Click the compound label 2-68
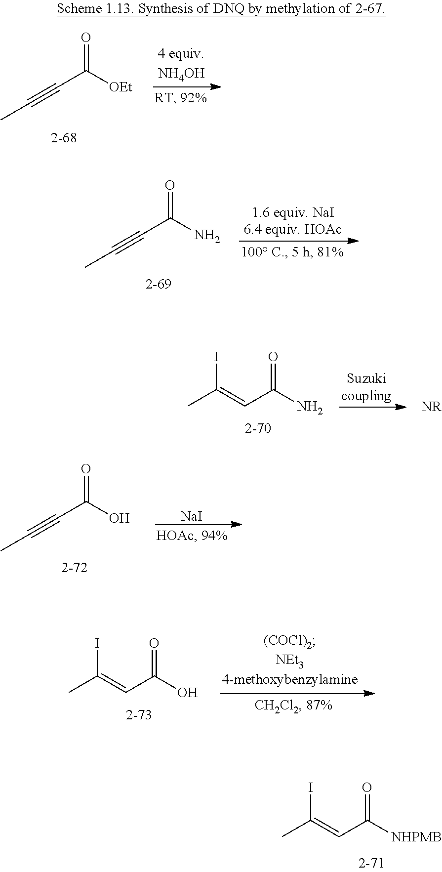[x=64, y=138]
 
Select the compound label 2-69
[x=158, y=284]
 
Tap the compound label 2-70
[x=258, y=428]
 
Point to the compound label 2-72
[x=74, y=568]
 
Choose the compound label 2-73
[x=139, y=715]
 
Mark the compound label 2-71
[x=371, y=863]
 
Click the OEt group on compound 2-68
[x=120, y=87]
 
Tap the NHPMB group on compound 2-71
[x=416, y=836]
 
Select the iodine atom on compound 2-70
[x=216, y=356]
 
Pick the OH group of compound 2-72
[x=119, y=518]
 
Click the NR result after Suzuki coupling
[x=431, y=408]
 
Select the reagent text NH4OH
[x=181, y=74]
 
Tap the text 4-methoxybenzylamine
[x=289, y=679]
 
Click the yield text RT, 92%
[x=180, y=98]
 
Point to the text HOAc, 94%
[x=192, y=536]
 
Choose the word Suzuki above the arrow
[x=366, y=378]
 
